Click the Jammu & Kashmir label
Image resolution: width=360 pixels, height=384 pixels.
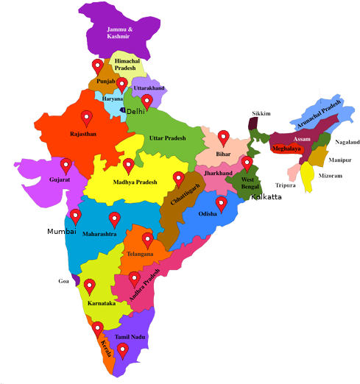coord(119,33)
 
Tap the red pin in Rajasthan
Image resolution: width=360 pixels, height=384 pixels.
coord(87,117)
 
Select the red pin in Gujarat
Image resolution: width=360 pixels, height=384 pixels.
coord(66,165)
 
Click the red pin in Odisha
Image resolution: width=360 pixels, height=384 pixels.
coord(221,203)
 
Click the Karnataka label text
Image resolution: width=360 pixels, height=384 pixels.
coord(100,302)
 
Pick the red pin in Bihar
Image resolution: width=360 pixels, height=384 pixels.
coord(223,137)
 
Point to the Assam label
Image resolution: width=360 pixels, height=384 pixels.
coord(301,139)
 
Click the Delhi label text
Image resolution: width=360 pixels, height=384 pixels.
coord(136,111)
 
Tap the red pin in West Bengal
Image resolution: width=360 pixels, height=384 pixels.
coord(247,163)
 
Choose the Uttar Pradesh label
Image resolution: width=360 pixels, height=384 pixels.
coord(167,138)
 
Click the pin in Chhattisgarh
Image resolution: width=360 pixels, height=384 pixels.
coord(178,179)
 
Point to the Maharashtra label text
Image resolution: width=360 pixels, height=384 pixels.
coord(99,234)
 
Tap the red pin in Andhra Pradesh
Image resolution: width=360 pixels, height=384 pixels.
coord(134,279)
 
